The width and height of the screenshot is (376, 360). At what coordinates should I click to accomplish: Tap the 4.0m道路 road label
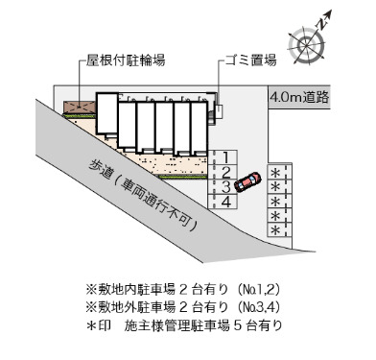[x=300, y=97]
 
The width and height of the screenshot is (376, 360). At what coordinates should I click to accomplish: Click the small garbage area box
[x=218, y=110]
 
